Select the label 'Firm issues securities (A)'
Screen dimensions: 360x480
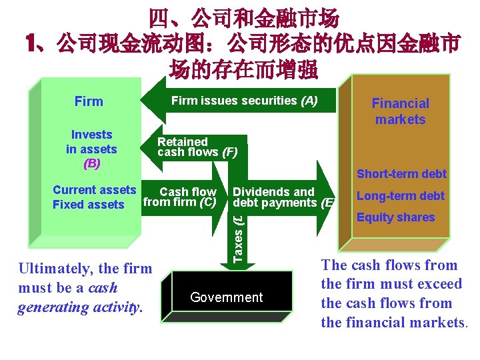(x=244, y=101)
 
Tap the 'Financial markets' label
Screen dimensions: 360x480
(x=400, y=111)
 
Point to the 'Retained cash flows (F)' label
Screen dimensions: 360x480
(x=197, y=147)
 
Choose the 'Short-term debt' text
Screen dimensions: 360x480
(x=401, y=174)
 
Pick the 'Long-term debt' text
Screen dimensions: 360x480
(x=401, y=196)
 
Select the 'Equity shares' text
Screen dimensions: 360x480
(x=395, y=217)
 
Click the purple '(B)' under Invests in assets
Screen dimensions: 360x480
(x=91, y=163)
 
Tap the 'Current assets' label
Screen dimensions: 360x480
(x=94, y=190)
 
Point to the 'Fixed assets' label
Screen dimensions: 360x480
(x=89, y=205)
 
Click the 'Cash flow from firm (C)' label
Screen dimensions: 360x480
(x=181, y=197)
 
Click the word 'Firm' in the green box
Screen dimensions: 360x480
(x=89, y=101)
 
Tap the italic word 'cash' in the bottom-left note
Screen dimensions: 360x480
(x=102, y=288)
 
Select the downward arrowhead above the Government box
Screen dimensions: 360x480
(x=245, y=265)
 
